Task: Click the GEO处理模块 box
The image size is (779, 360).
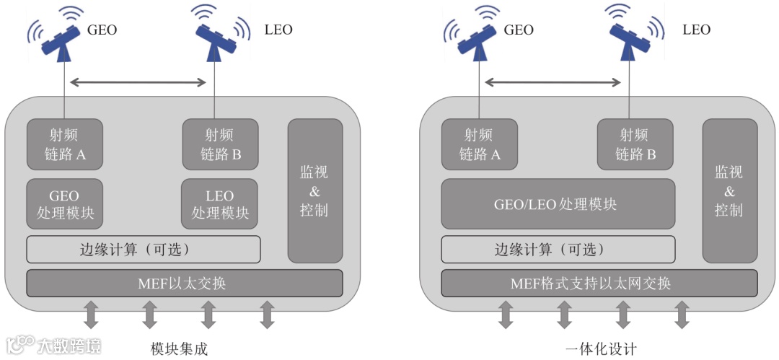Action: tap(64, 204)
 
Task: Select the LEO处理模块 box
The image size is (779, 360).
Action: tap(220, 204)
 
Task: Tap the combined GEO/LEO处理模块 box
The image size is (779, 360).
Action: tap(558, 204)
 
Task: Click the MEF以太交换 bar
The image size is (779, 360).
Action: tap(185, 283)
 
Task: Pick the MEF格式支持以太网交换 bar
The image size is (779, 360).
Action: tap(599, 283)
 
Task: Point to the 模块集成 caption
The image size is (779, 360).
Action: tap(179, 348)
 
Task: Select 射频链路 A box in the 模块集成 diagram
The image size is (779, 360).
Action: tap(64, 144)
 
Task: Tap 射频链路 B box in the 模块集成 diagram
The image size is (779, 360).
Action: tap(220, 144)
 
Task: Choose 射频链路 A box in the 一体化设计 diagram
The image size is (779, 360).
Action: tap(479, 144)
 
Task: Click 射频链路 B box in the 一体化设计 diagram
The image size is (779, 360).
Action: tap(635, 144)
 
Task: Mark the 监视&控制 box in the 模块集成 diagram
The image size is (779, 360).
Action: tap(314, 191)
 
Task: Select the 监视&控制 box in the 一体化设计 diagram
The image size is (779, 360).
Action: tap(729, 191)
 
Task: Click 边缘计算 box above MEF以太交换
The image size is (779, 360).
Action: tap(144, 250)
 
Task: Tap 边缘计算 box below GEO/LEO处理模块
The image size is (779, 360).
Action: tap(558, 250)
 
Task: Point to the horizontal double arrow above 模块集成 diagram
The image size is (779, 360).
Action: tap(138, 83)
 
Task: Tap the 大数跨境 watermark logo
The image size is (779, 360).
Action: tap(54, 345)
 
